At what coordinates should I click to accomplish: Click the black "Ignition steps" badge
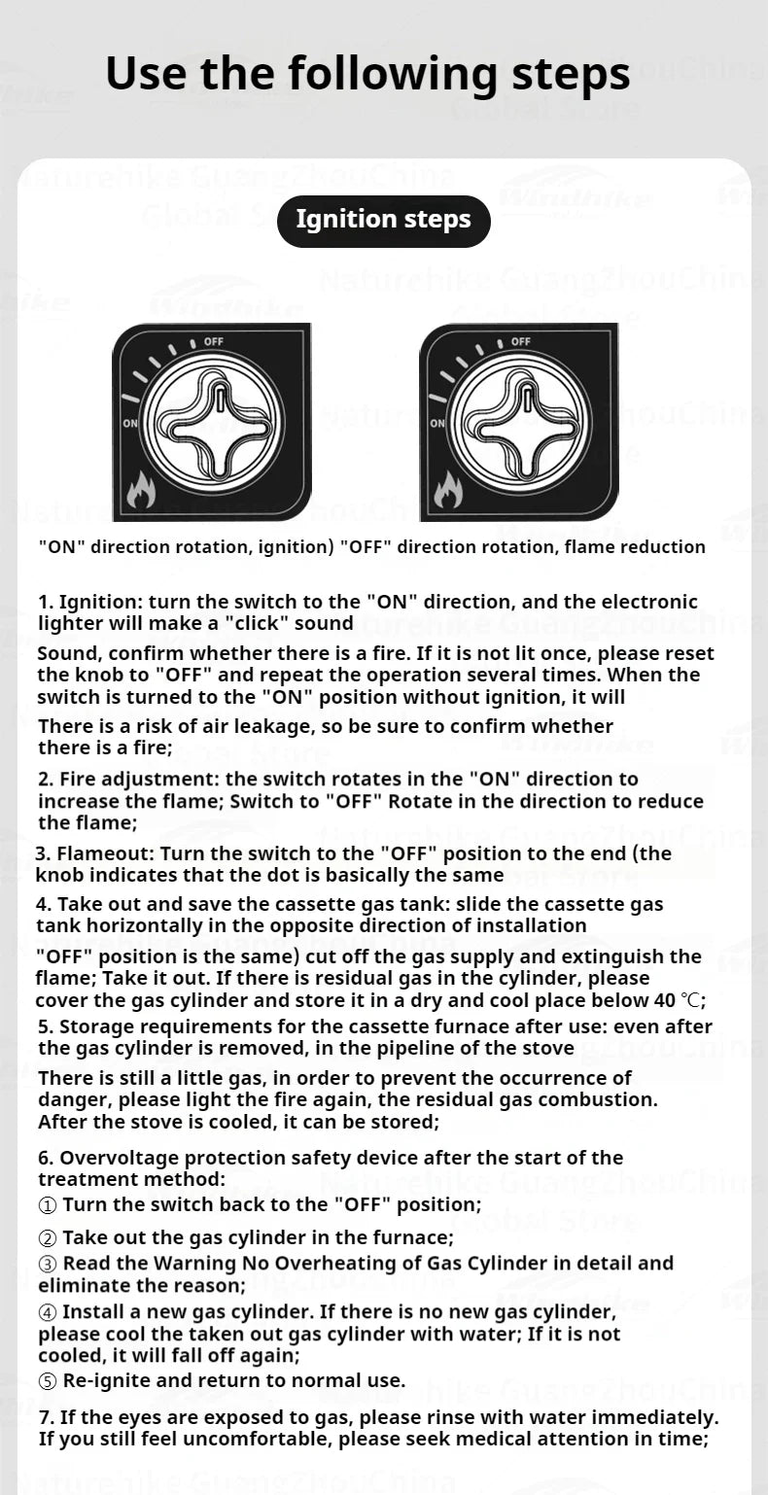(x=383, y=220)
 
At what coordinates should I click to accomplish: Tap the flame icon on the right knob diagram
(x=448, y=491)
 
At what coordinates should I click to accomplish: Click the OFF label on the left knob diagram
(x=213, y=341)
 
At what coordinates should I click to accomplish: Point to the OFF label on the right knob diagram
(x=520, y=341)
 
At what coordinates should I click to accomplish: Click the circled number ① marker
(x=48, y=1205)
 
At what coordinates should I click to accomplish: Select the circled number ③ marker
(x=48, y=1264)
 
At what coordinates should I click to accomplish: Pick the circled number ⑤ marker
(x=48, y=1381)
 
